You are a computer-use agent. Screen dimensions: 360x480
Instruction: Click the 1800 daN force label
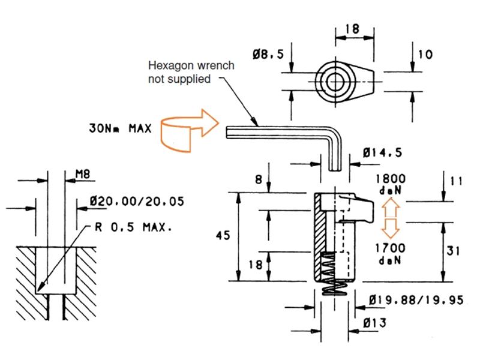(390, 183)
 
